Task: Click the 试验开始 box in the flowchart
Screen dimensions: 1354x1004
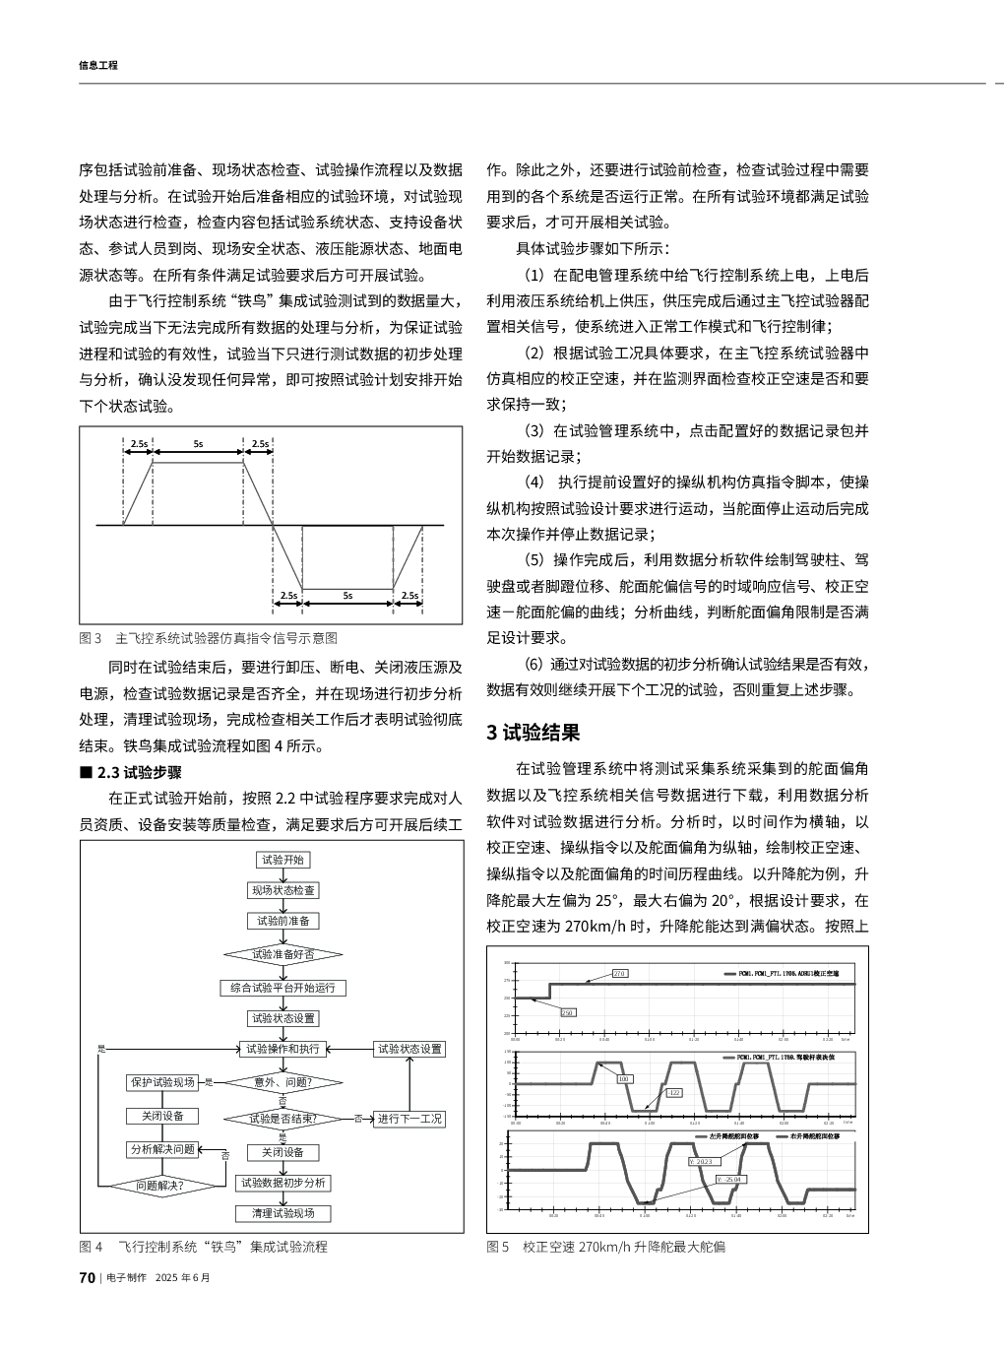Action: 282,860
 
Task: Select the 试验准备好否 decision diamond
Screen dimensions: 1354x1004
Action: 282,954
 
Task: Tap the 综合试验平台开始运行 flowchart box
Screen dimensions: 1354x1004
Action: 282,988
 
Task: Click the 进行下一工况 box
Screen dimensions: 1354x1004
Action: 409,1119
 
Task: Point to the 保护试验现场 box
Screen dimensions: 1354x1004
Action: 162,1082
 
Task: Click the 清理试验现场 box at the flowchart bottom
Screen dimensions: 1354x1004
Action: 282,1213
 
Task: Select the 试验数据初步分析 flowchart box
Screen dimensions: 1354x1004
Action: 282,1183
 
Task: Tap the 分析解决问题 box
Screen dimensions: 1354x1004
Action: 162,1149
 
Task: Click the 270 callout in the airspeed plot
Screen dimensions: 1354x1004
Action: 619,973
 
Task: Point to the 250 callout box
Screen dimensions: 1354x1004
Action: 568,1012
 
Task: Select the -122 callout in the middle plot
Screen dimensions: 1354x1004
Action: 674,1093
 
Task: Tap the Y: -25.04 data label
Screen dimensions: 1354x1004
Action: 730,1179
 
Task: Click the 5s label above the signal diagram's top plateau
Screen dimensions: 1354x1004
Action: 198,444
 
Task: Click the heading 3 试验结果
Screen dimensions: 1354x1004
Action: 533,733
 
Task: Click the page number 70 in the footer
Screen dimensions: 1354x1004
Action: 87,1278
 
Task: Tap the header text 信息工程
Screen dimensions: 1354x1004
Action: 97,65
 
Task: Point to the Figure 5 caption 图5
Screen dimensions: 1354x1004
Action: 498,1247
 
